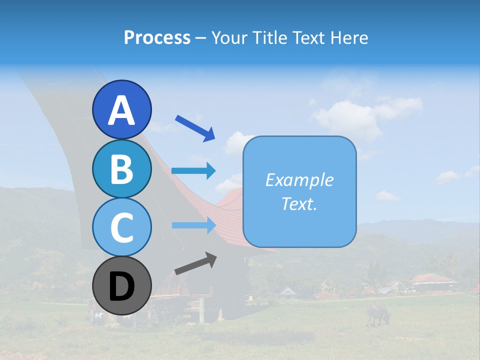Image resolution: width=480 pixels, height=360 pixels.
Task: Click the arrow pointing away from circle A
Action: pyautogui.click(x=195, y=127)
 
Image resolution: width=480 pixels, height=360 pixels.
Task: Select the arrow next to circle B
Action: pyautogui.click(x=193, y=170)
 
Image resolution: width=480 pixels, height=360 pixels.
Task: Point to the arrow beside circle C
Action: pyautogui.click(x=194, y=225)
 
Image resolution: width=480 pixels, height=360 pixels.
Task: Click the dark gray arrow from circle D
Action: pyautogui.click(x=195, y=263)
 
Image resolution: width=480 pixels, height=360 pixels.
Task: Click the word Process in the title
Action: pyautogui.click(x=157, y=37)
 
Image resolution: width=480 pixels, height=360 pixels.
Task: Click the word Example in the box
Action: pyautogui.click(x=299, y=180)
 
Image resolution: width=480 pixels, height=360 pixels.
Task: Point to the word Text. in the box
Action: pyautogui.click(x=299, y=204)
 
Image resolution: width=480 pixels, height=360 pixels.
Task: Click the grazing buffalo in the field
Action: pyautogui.click(x=378, y=313)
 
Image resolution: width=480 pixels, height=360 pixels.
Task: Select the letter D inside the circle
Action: pyautogui.click(x=122, y=287)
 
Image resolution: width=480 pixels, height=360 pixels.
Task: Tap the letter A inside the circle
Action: pyautogui.click(x=122, y=110)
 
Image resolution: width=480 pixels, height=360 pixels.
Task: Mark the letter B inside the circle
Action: pyautogui.click(x=122, y=169)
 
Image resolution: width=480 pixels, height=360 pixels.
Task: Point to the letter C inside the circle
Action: pyautogui.click(x=122, y=228)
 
